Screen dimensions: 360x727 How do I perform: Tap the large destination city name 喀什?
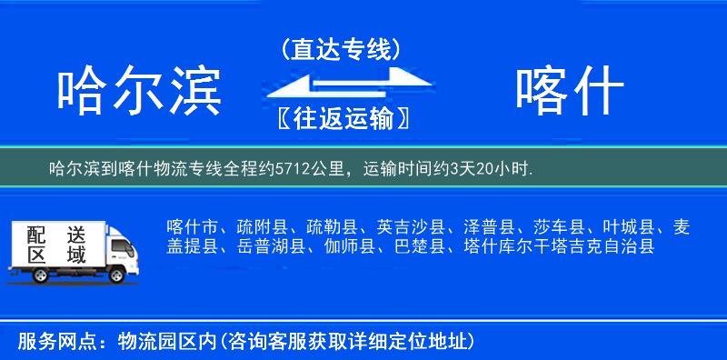(569, 92)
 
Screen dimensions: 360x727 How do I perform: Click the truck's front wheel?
(119, 272)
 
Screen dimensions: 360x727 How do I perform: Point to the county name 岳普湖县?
(272, 246)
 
